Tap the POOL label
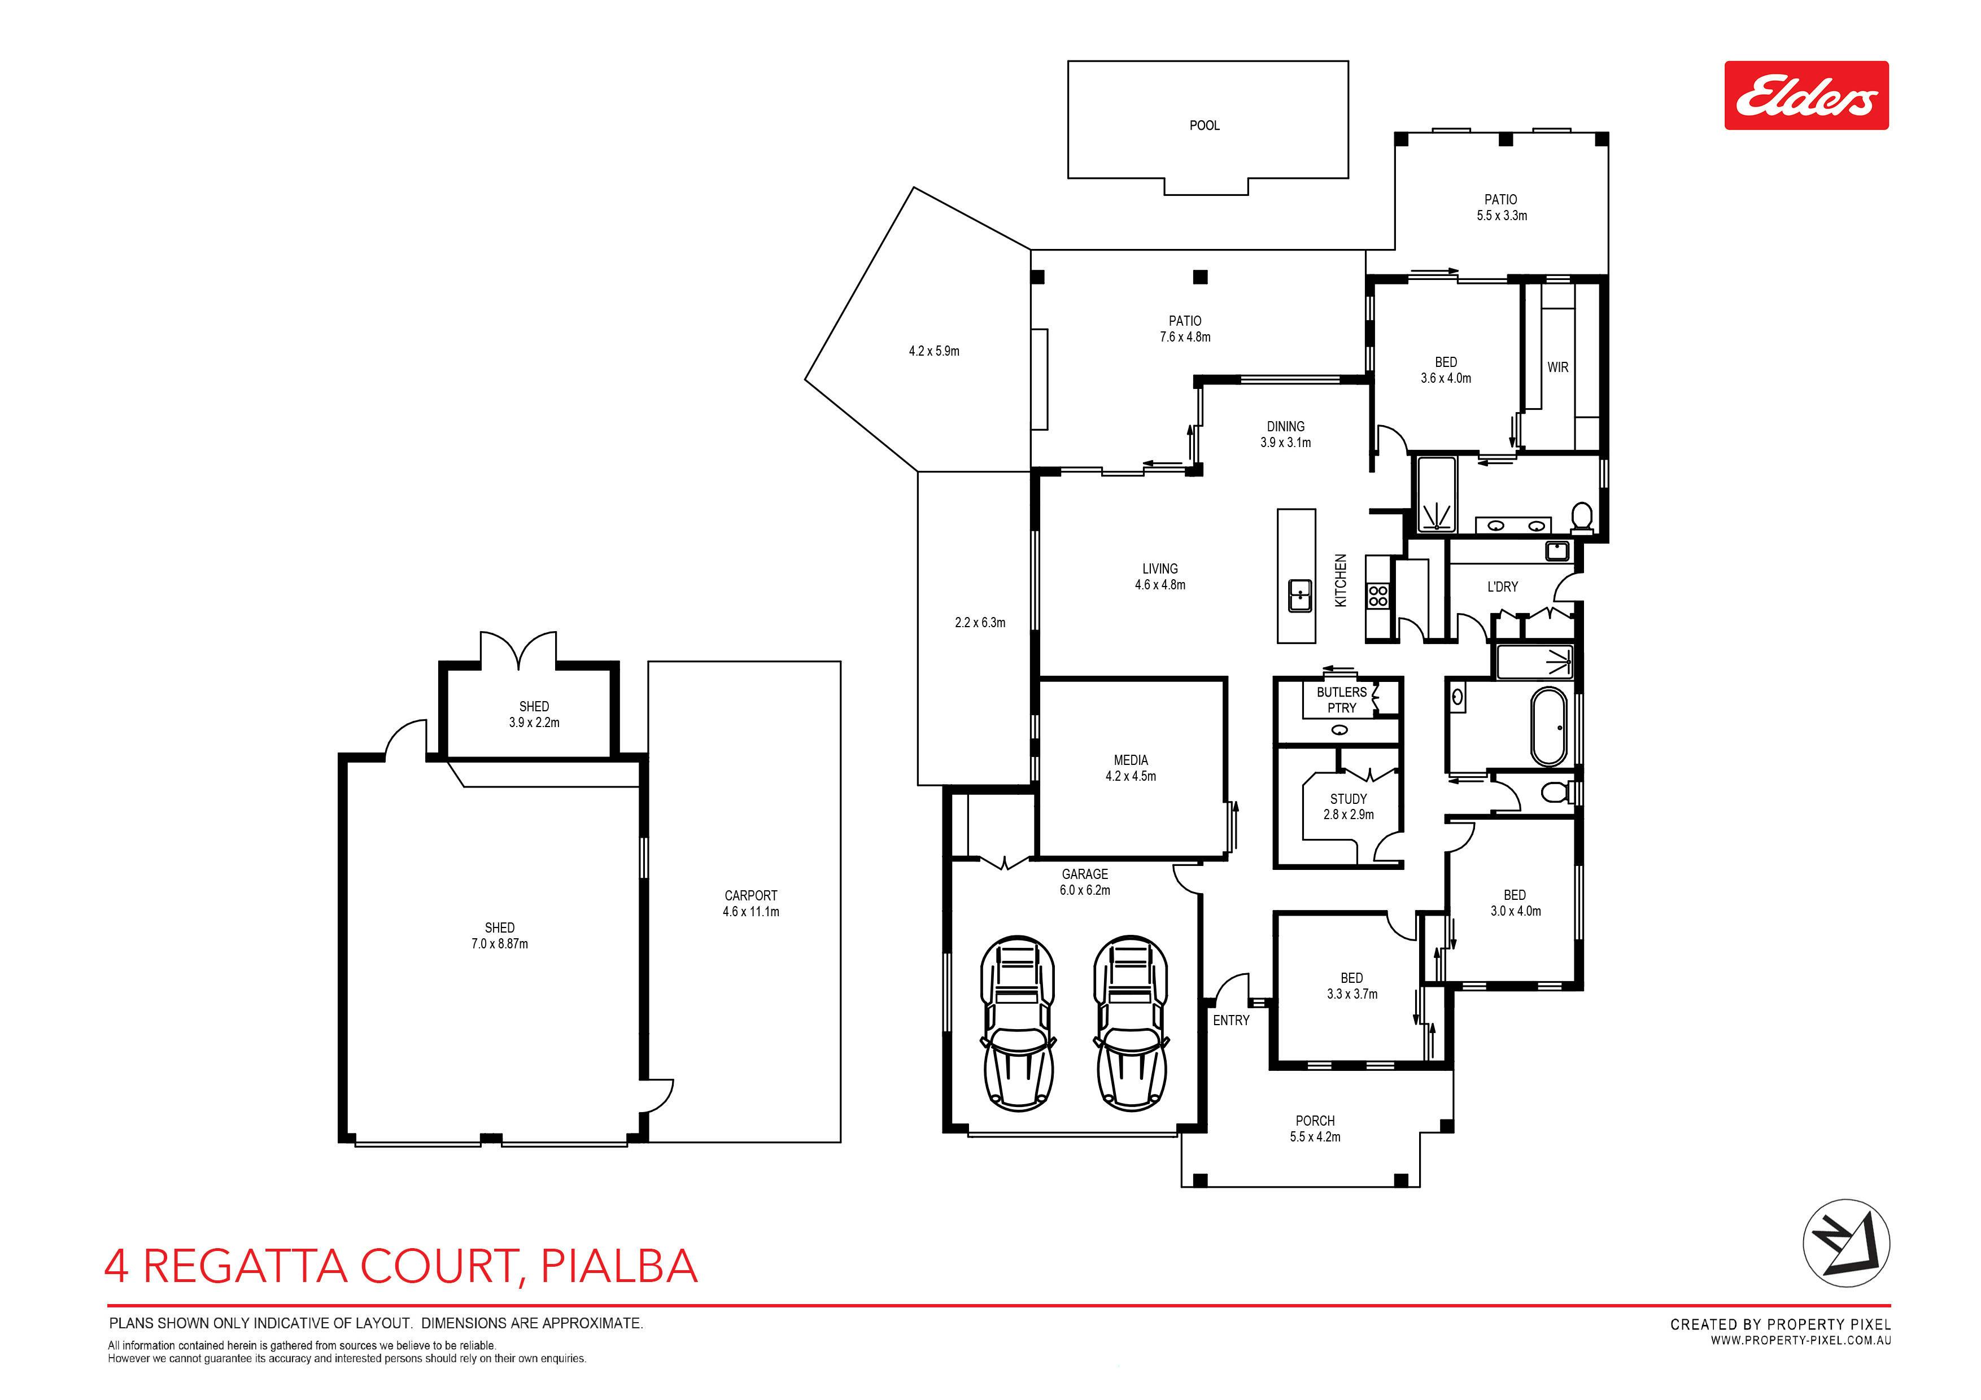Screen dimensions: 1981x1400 [x=1205, y=126]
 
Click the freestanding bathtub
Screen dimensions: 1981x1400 [x=1551, y=727]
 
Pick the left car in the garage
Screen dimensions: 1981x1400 [x=1018, y=1023]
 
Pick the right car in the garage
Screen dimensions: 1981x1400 [x=1131, y=1023]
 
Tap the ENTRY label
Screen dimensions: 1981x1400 [x=1231, y=1021]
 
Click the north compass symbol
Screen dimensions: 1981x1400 [x=1847, y=1244]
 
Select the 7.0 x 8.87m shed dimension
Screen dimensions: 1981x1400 [x=500, y=944]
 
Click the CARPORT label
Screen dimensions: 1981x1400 [x=750, y=895]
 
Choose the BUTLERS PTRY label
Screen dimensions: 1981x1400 [x=1342, y=699]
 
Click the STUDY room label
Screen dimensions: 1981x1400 [x=1349, y=799]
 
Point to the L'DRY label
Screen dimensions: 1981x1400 [x=1502, y=587]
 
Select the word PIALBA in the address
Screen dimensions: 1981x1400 [x=618, y=1266]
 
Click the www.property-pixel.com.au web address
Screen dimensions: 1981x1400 [x=1801, y=1341]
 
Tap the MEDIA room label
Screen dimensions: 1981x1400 [x=1131, y=760]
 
